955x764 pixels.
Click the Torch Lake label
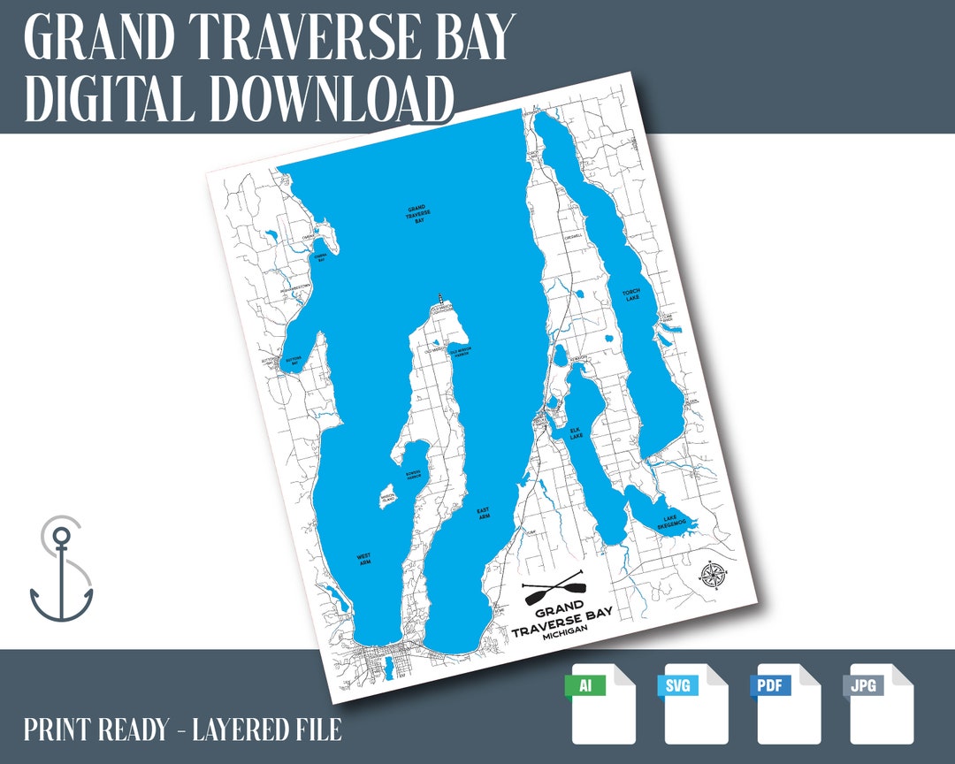point(630,294)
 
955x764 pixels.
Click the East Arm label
point(483,513)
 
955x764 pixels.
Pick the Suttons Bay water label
point(294,361)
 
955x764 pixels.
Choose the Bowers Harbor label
point(414,474)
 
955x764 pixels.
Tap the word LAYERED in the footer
point(247,730)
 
